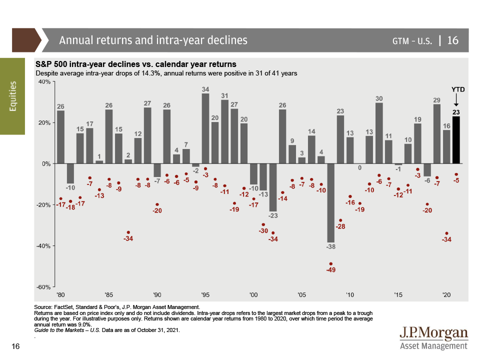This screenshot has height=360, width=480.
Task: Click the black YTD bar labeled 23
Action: (x=456, y=139)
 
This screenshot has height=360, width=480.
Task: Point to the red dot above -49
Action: (x=330, y=263)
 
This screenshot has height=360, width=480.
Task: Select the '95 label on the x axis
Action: (x=205, y=294)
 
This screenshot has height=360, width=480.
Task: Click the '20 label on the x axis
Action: (x=446, y=294)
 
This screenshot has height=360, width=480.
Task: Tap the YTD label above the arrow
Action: (x=458, y=89)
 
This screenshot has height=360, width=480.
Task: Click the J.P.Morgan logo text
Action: (x=433, y=333)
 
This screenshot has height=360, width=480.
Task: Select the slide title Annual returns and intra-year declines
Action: (x=153, y=40)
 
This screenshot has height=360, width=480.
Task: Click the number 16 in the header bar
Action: (x=452, y=40)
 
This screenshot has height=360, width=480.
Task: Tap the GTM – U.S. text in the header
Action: (x=412, y=40)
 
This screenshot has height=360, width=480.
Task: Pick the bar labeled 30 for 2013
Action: (x=379, y=133)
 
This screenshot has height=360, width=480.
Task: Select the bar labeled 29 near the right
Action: (x=437, y=134)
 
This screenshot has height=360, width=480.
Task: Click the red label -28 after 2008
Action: (x=340, y=226)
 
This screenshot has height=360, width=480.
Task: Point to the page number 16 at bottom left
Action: (x=15, y=346)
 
